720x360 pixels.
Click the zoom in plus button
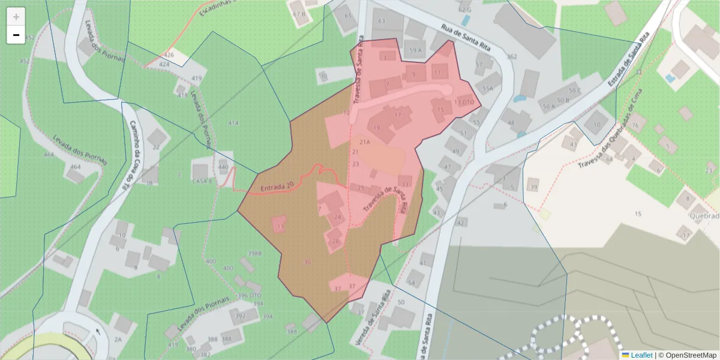point(16,17)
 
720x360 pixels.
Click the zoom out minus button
point(16,35)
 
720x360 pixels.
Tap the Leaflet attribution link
point(641,355)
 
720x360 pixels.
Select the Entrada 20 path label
point(277,188)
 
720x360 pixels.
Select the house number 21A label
point(364,142)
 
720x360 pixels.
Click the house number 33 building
point(406,183)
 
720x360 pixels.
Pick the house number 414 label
point(233,123)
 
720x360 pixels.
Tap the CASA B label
point(202,181)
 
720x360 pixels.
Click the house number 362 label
point(511,57)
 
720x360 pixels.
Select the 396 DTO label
point(250,295)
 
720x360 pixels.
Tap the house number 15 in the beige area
point(638,214)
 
